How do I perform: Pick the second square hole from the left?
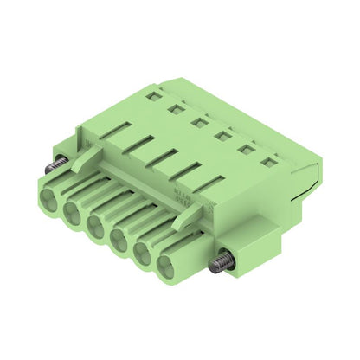[x=175, y=108]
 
